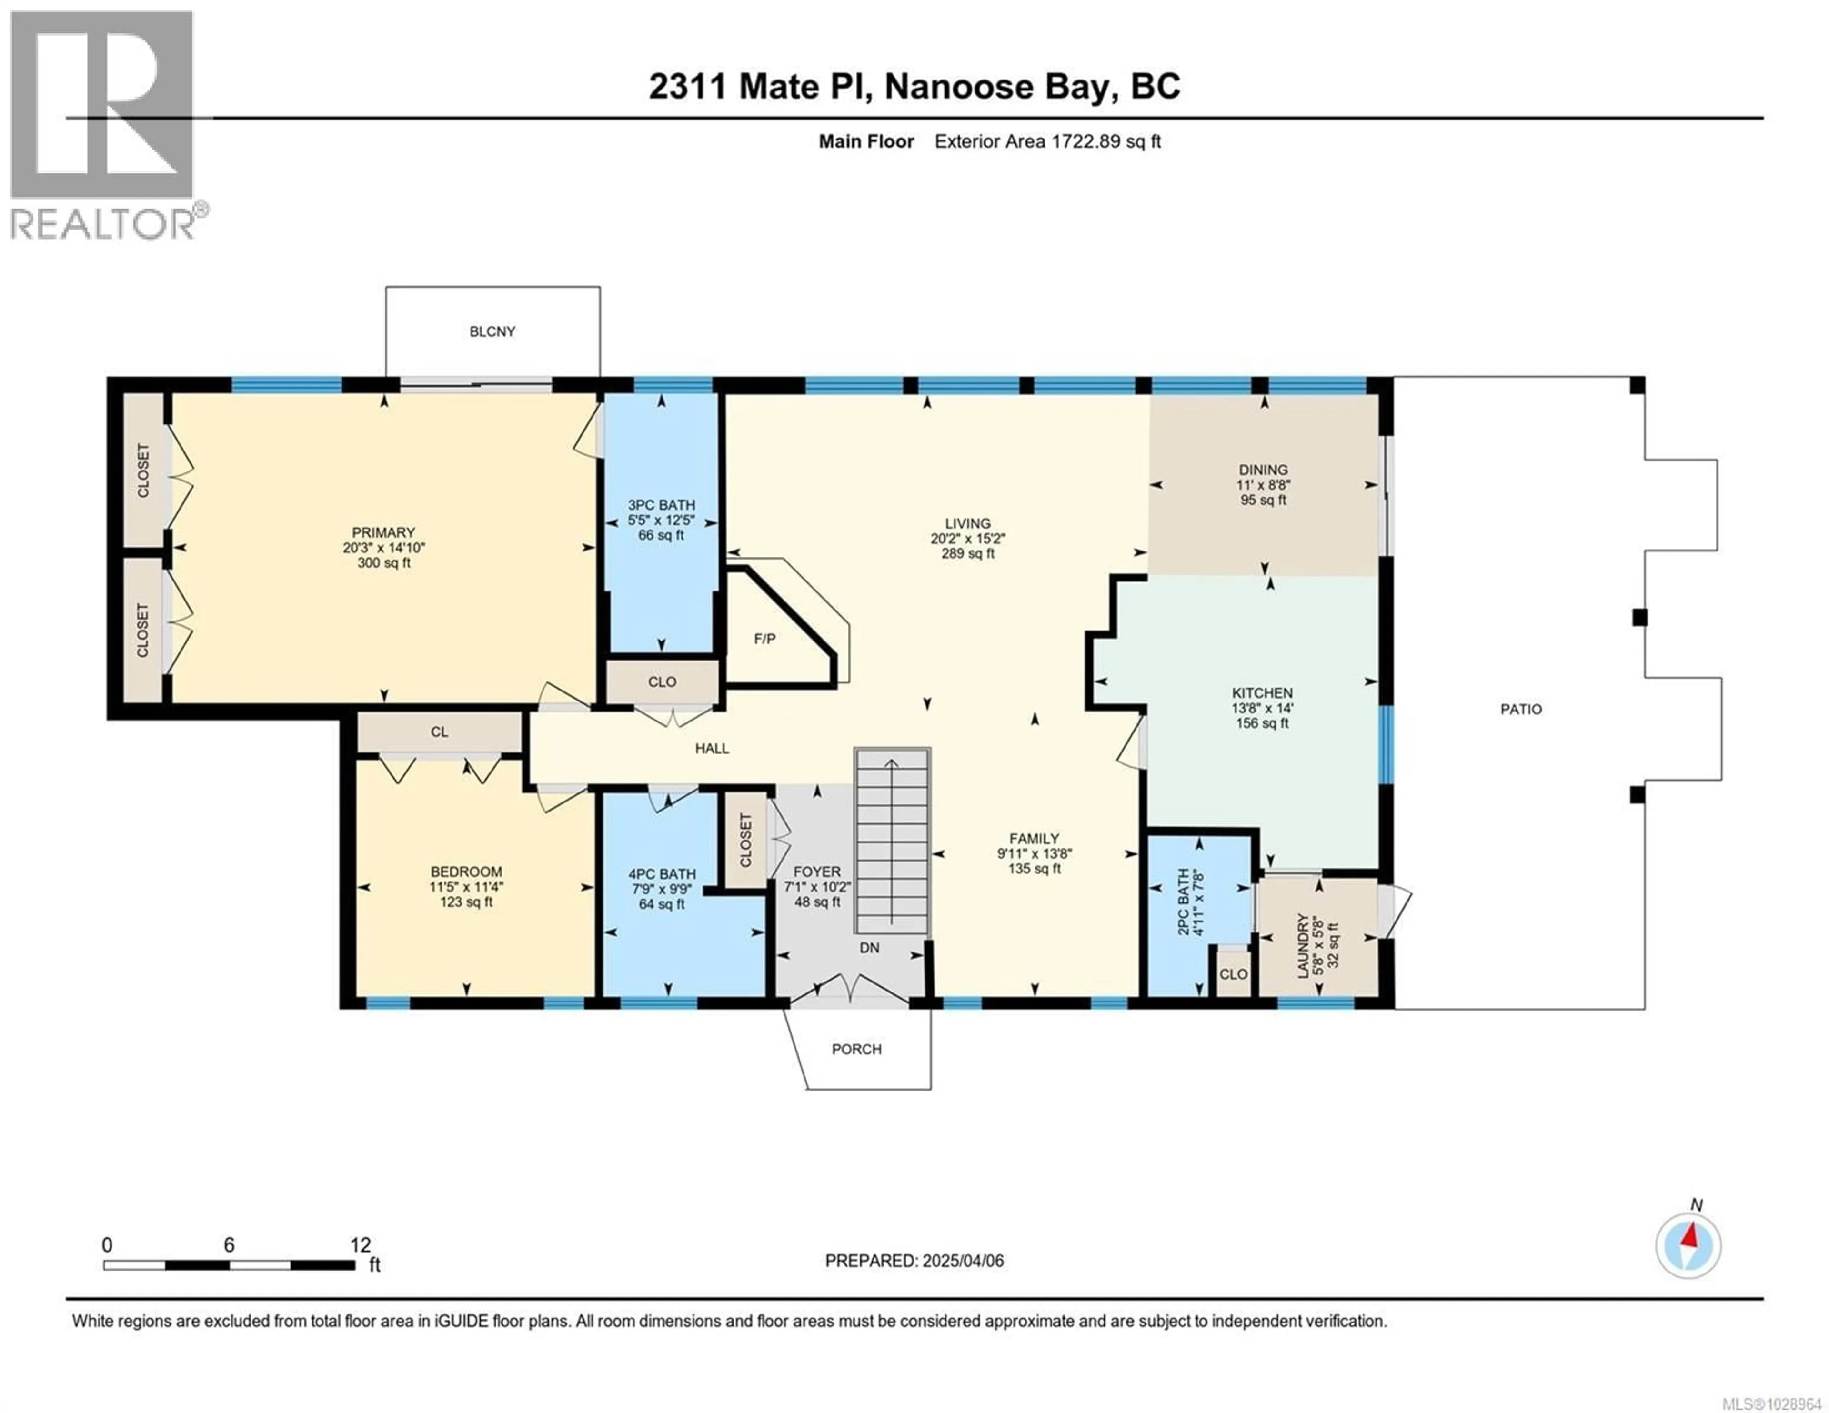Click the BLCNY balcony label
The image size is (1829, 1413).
(492, 331)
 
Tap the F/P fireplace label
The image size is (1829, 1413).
(764, 639)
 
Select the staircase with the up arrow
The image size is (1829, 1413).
(892, 842)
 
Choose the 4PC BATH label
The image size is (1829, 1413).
(662, 873)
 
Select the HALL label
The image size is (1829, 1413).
(712, 749)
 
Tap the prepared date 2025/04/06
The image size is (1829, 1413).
(961, 1261)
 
